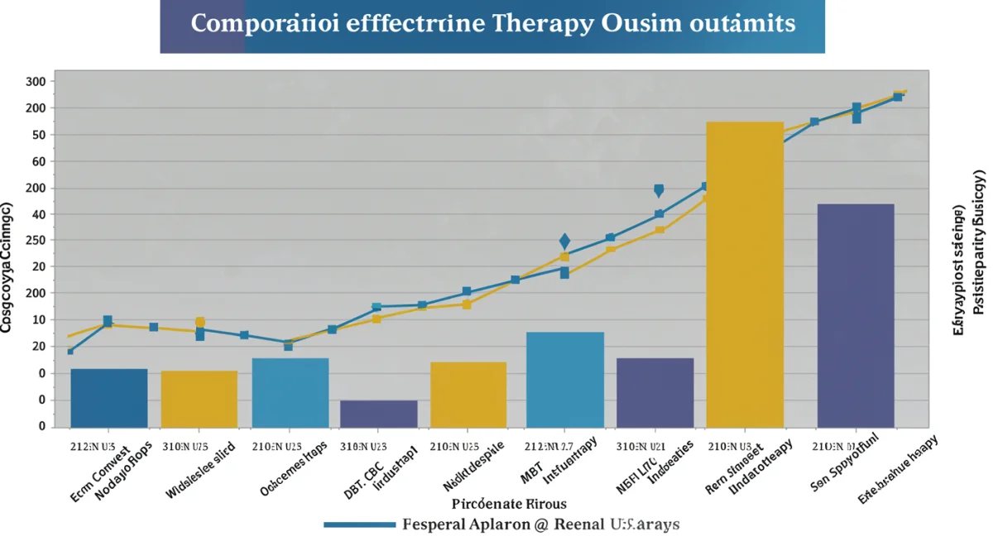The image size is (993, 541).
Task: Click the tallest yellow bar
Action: (x=745, y=273)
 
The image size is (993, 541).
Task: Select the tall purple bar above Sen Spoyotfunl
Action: (x=855, y=314)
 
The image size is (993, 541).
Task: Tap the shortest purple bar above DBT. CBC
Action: (x=379, y=413)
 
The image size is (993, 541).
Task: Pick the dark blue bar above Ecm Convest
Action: (x=109, y=397)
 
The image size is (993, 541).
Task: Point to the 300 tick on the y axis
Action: (x=36, y=82)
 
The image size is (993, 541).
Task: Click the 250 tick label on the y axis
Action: (x=36, y=240)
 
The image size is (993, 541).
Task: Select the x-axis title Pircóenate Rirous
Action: (x=509, y=503)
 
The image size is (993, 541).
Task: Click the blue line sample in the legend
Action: (x=359, y=524)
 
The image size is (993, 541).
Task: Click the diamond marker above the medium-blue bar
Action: (x=564, y=242)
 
